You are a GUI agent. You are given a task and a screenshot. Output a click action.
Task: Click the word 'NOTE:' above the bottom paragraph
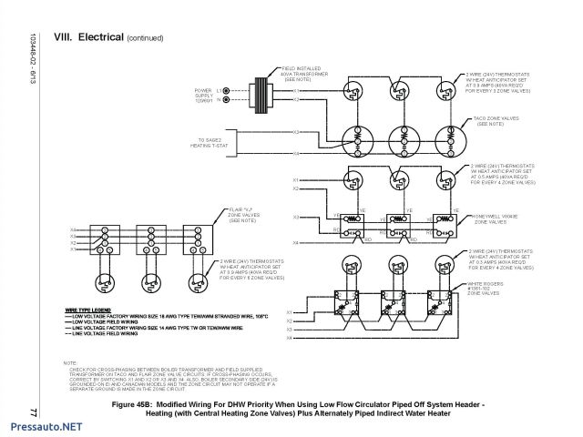click(71, 362)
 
